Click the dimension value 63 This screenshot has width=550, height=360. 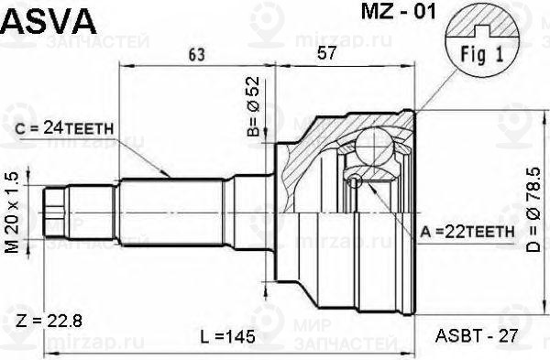pyautogui.click(x=195, y=55)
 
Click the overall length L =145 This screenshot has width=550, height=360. pyautogui.click(x=225, y=337)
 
